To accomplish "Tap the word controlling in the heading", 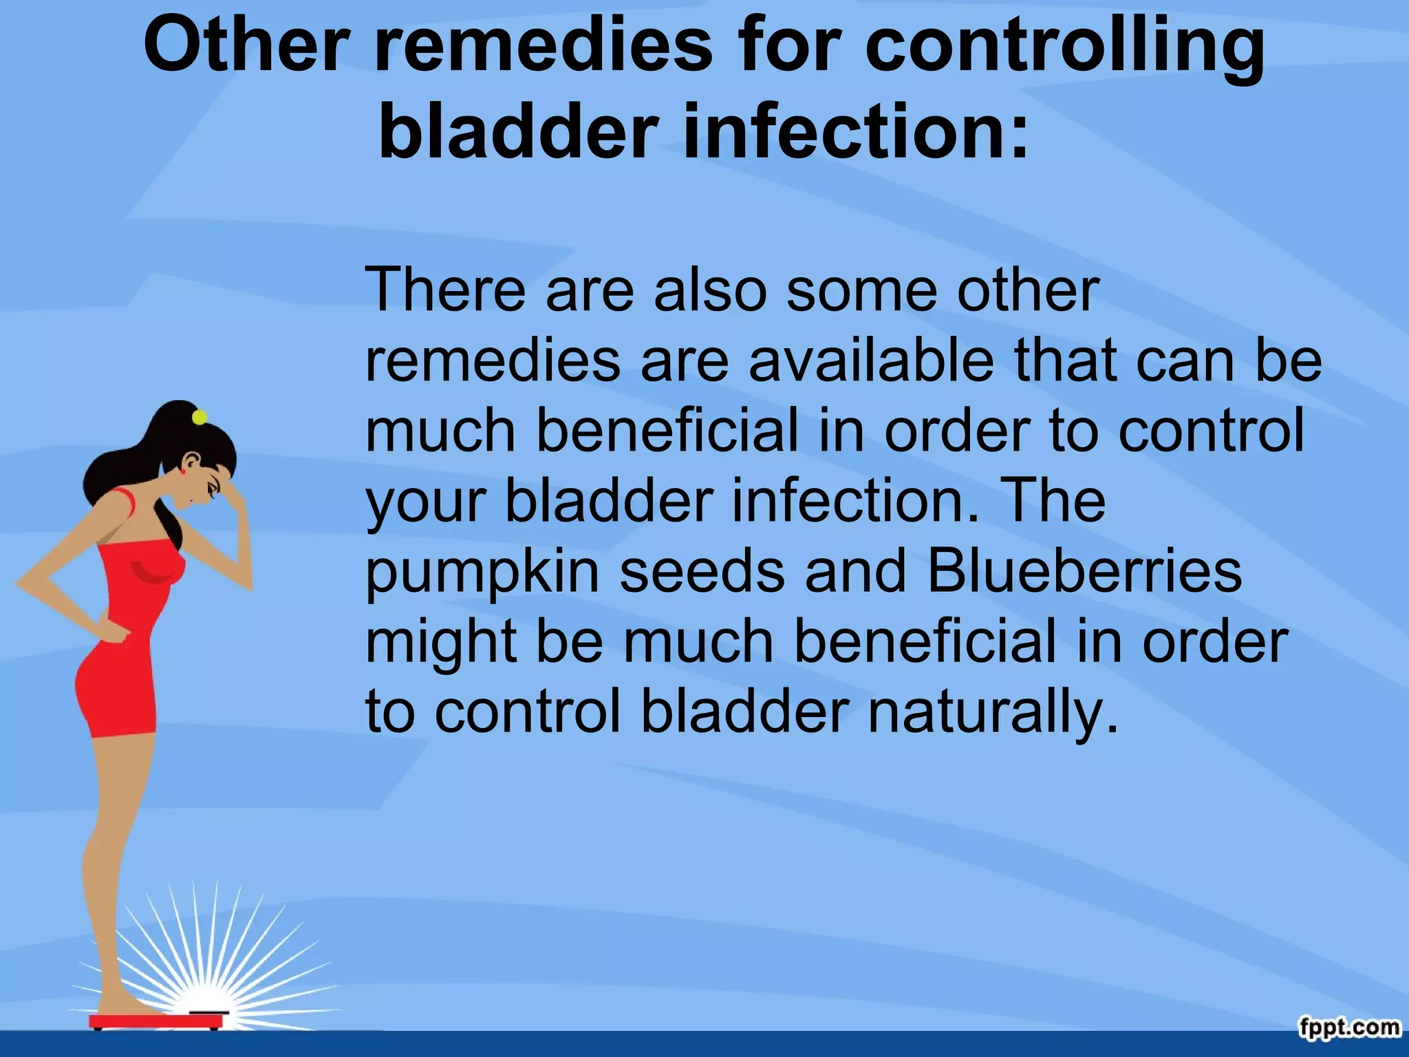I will click(x=1064, y=48).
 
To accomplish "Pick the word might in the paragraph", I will click(x=440, y=644).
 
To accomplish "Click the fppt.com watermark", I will click(x=1349, y=1027).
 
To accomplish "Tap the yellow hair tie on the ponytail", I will click(x=200, y=417).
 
